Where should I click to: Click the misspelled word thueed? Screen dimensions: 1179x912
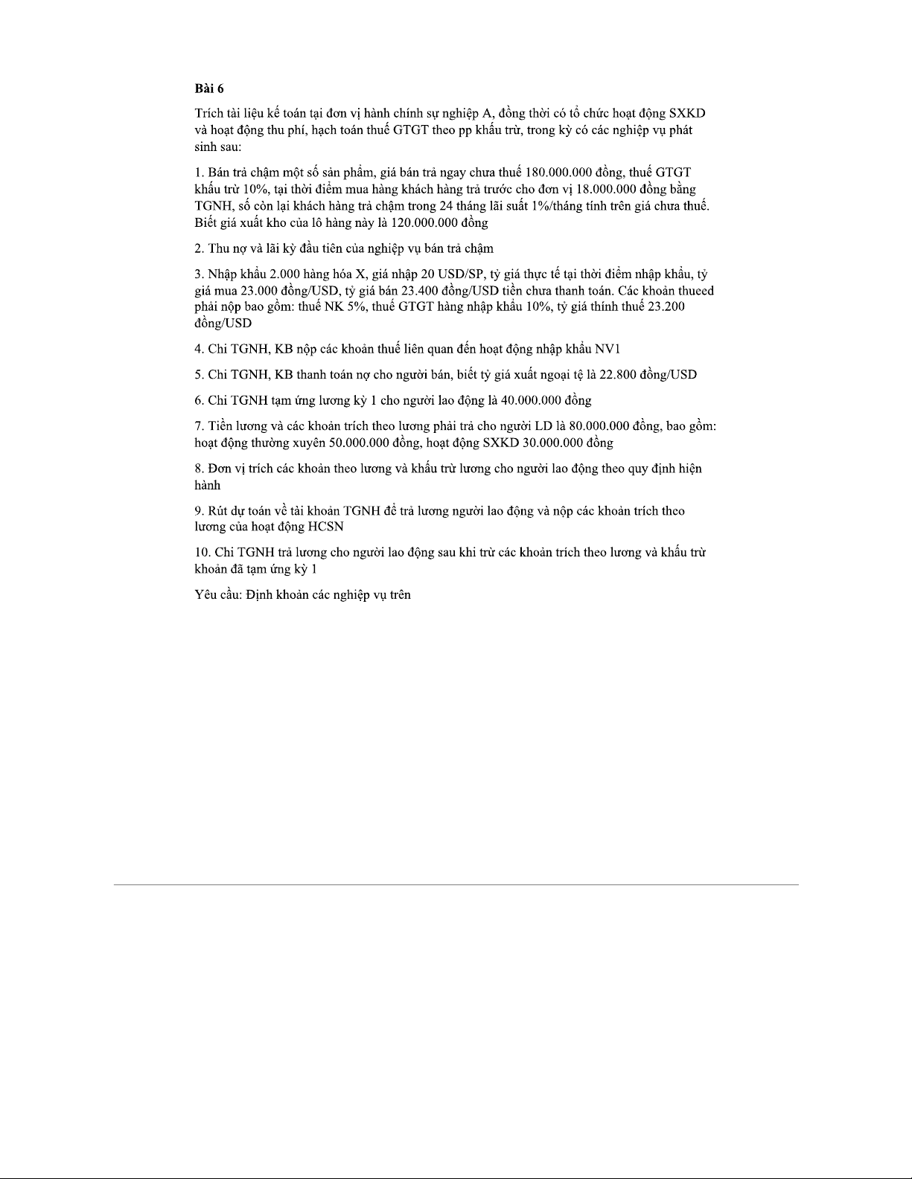click(x=695, y=291)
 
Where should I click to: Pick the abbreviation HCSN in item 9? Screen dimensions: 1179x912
click(x=325, y=527)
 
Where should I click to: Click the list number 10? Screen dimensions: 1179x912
click(x=201, y=553)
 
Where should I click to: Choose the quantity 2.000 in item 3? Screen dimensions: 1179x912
click(x=286, y=274)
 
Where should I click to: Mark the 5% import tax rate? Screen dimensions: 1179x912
click(x=354, y=307)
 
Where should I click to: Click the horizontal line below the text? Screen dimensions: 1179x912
click(x=456, y=884)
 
